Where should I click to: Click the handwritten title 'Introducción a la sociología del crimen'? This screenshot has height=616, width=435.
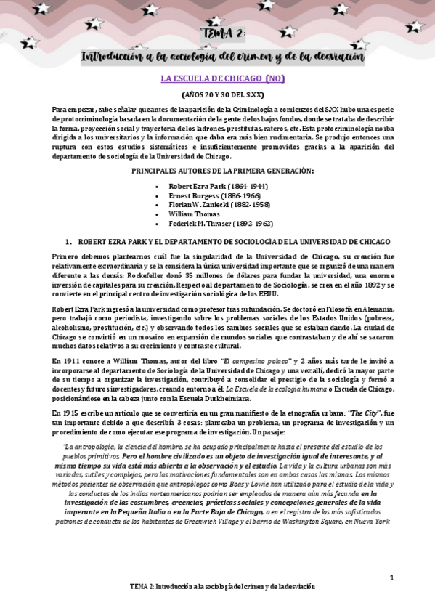pyautogui.click(x=222, y=56)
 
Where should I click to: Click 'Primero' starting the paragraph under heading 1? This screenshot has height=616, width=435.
pyautogui.click(x=67, y=259)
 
